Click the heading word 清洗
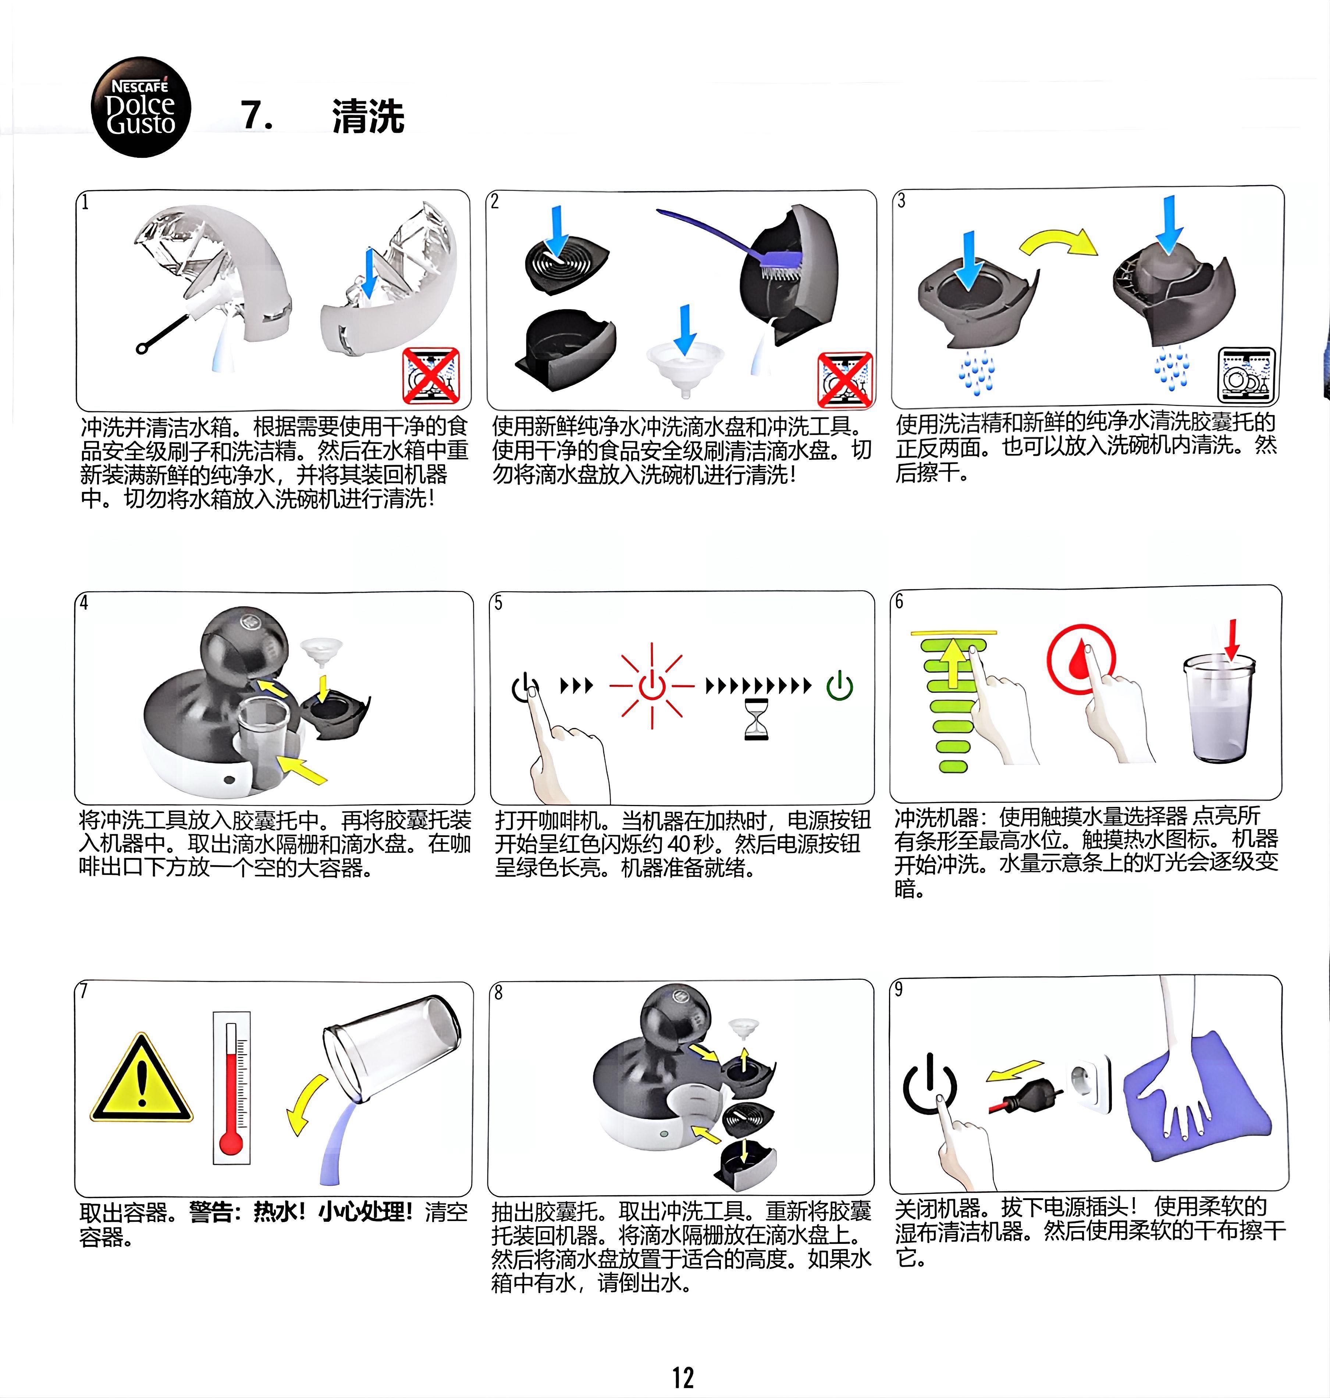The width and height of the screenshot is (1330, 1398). [368, 116]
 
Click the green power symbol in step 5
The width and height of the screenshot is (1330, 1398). [840, 685]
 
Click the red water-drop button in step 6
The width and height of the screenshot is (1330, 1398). [1081, 658]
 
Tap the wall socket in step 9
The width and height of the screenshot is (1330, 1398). [1090, 1085]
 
